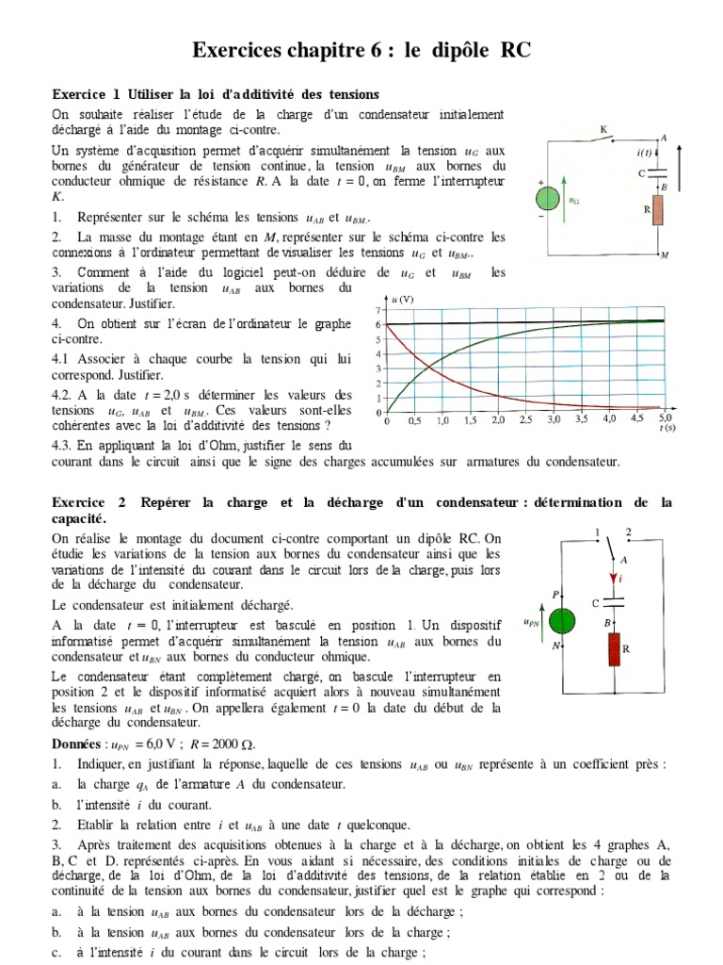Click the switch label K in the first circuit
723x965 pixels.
click(603, 129)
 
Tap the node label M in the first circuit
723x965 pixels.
click(665, 255)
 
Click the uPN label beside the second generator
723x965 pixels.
click(531, 622)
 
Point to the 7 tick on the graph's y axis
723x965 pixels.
click(378, 310)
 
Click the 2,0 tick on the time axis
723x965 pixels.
click(497, 420)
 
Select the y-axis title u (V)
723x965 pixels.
click(402, 300)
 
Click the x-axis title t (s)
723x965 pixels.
click(665, 429)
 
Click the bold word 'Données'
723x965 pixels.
click(81, 744)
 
